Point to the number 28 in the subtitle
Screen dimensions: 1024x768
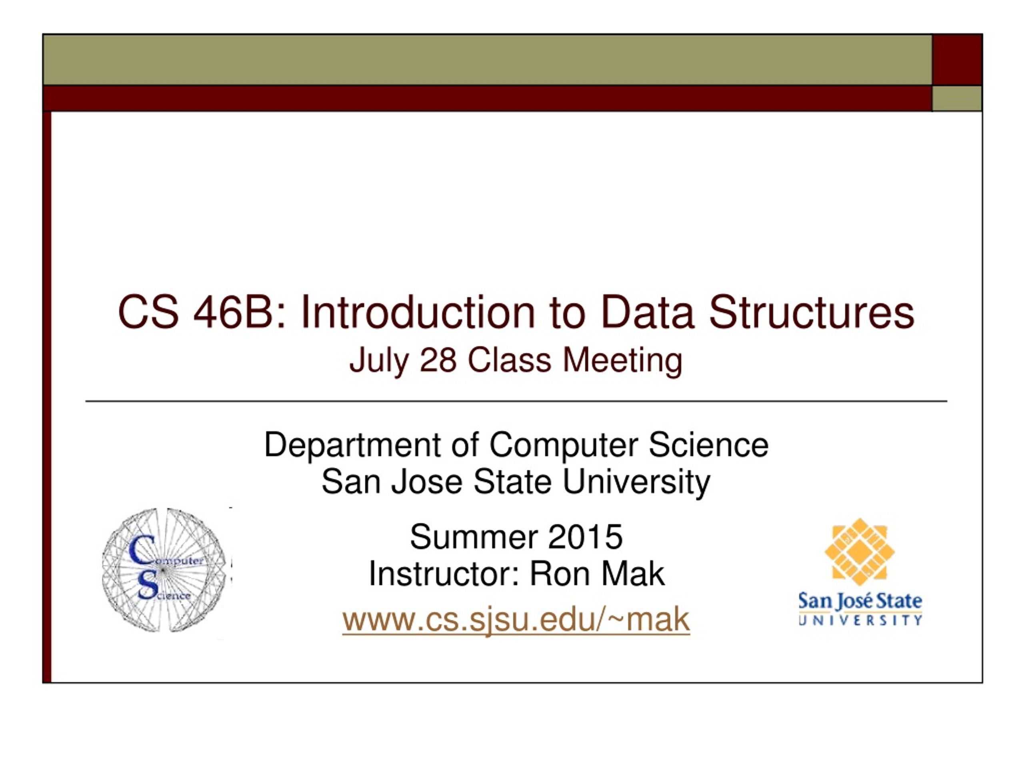click(x=438, y=360)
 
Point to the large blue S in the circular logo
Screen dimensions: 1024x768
click(x=148, y=586)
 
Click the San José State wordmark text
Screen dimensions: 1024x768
click(x=860, y=601)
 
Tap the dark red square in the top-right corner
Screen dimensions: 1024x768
click(x=957, y=60)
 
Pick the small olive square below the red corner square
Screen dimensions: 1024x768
click(x=957, y=98)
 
